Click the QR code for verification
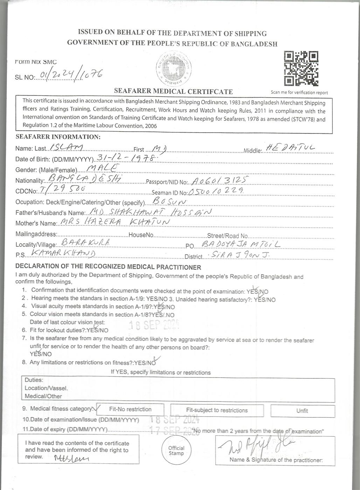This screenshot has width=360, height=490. [301, 69]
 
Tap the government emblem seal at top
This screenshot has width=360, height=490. [173, 68]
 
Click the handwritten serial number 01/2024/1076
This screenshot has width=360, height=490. [71, 74]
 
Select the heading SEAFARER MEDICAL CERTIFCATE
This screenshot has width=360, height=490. [173, 92]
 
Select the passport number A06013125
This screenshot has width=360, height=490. [219, 180]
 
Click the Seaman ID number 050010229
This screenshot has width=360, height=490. [216, 191]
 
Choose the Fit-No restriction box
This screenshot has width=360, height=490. [130, 409]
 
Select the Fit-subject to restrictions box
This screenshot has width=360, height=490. [217, 410]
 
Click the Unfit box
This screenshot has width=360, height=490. [302, 411]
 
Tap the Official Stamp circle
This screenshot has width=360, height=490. [176, 450]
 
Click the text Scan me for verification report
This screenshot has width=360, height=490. [299, 93]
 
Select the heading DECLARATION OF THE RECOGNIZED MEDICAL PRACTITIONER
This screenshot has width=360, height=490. [108, 267]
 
